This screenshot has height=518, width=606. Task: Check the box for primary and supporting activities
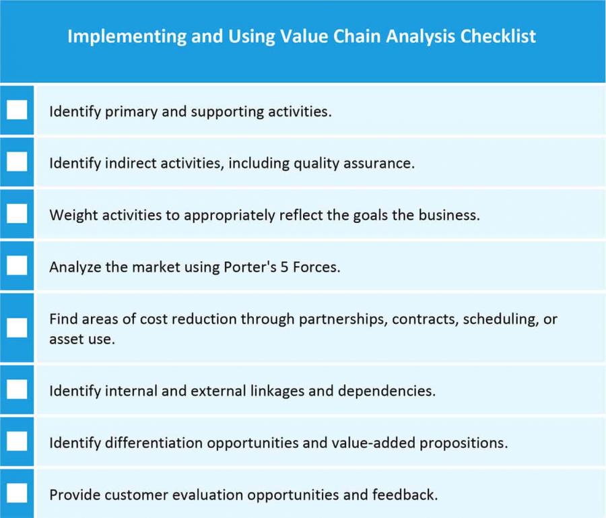coord(17,109)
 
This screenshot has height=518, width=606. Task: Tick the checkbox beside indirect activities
coord(17,162)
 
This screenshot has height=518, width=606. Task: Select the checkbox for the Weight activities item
coord(17,214)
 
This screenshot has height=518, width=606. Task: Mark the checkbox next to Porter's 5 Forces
coord(17,265)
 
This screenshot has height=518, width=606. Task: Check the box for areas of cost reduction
coord(17,328)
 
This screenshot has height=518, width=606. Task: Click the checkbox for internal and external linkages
coord(17,389)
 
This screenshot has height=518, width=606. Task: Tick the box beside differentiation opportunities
coord(17,442)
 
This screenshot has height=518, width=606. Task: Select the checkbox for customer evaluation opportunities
coord(17,494)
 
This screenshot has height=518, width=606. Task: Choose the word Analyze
coord(74,267)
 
